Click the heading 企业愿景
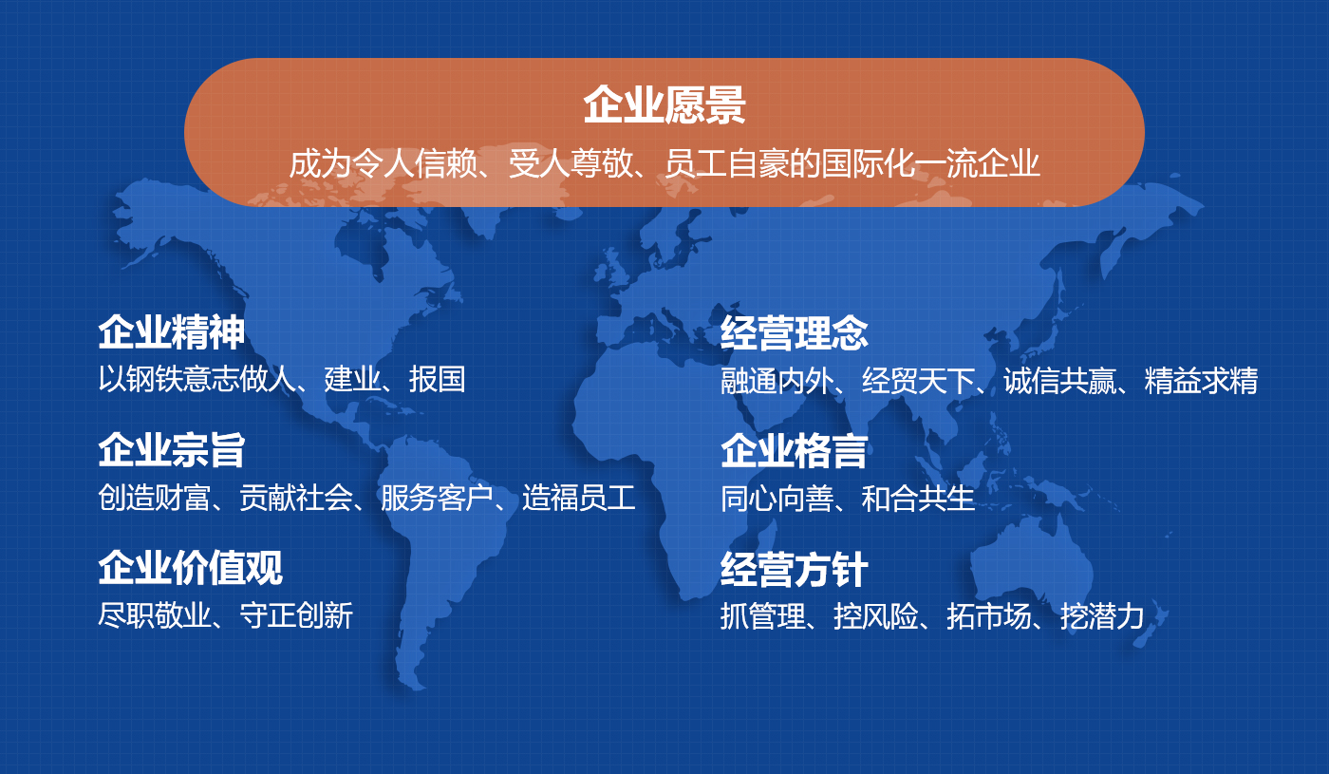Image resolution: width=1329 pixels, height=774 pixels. point(664,105)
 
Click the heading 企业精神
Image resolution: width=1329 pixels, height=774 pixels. point(172,332)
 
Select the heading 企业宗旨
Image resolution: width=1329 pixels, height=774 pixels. point(172,450)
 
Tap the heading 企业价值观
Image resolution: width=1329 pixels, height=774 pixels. point(190,568)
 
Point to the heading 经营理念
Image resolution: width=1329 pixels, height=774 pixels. point(795,332)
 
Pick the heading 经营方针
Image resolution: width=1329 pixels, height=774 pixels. point(795,570)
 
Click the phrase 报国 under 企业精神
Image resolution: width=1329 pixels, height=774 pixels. point(438,379)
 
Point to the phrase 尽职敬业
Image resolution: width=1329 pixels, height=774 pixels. point(154,615)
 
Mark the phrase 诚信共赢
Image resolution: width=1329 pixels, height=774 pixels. point(1059,381)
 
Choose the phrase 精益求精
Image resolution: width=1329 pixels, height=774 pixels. point(1202,381)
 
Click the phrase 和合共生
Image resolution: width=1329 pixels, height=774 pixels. point(918,499)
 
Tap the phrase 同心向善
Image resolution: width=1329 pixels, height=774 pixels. point(777,499)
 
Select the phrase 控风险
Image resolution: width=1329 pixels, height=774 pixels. point(876,616)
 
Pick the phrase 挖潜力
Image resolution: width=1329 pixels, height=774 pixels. point(1102,616)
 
